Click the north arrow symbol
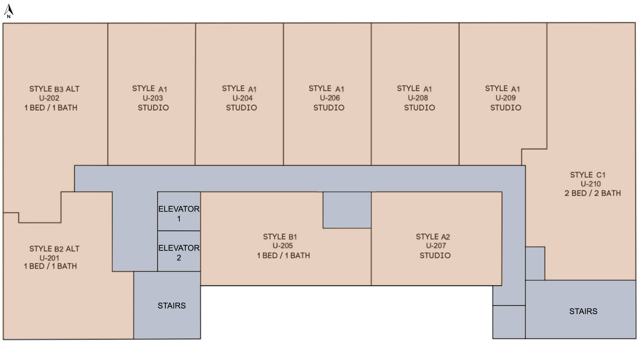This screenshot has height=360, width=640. (8, 11)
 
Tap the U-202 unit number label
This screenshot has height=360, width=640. (49, 98)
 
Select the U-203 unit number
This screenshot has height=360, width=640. (153, 98)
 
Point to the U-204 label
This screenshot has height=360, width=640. (243, 98)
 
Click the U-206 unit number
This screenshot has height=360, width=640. (330, 98)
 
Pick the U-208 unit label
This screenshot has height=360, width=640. (418, 98)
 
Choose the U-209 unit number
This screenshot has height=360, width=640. (506, 98)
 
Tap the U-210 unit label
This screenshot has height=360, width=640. (591, 184)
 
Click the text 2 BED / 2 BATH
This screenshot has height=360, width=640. (593, 193)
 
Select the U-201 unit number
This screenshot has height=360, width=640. (49, 258)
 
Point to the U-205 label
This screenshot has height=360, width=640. (283, 246)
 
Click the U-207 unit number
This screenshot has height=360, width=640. (436, 246)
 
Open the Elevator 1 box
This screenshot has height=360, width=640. (179, 211)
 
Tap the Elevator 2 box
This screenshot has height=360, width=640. (179, 251)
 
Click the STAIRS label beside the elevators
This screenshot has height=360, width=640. (172, 306)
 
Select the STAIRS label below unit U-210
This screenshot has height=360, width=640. (583, 311)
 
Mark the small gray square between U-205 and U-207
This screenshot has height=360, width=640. (347, 210)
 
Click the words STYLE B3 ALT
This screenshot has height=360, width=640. (54, 89)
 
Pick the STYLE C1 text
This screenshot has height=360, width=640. (588, 175)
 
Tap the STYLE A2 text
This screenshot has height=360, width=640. (433, 237)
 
